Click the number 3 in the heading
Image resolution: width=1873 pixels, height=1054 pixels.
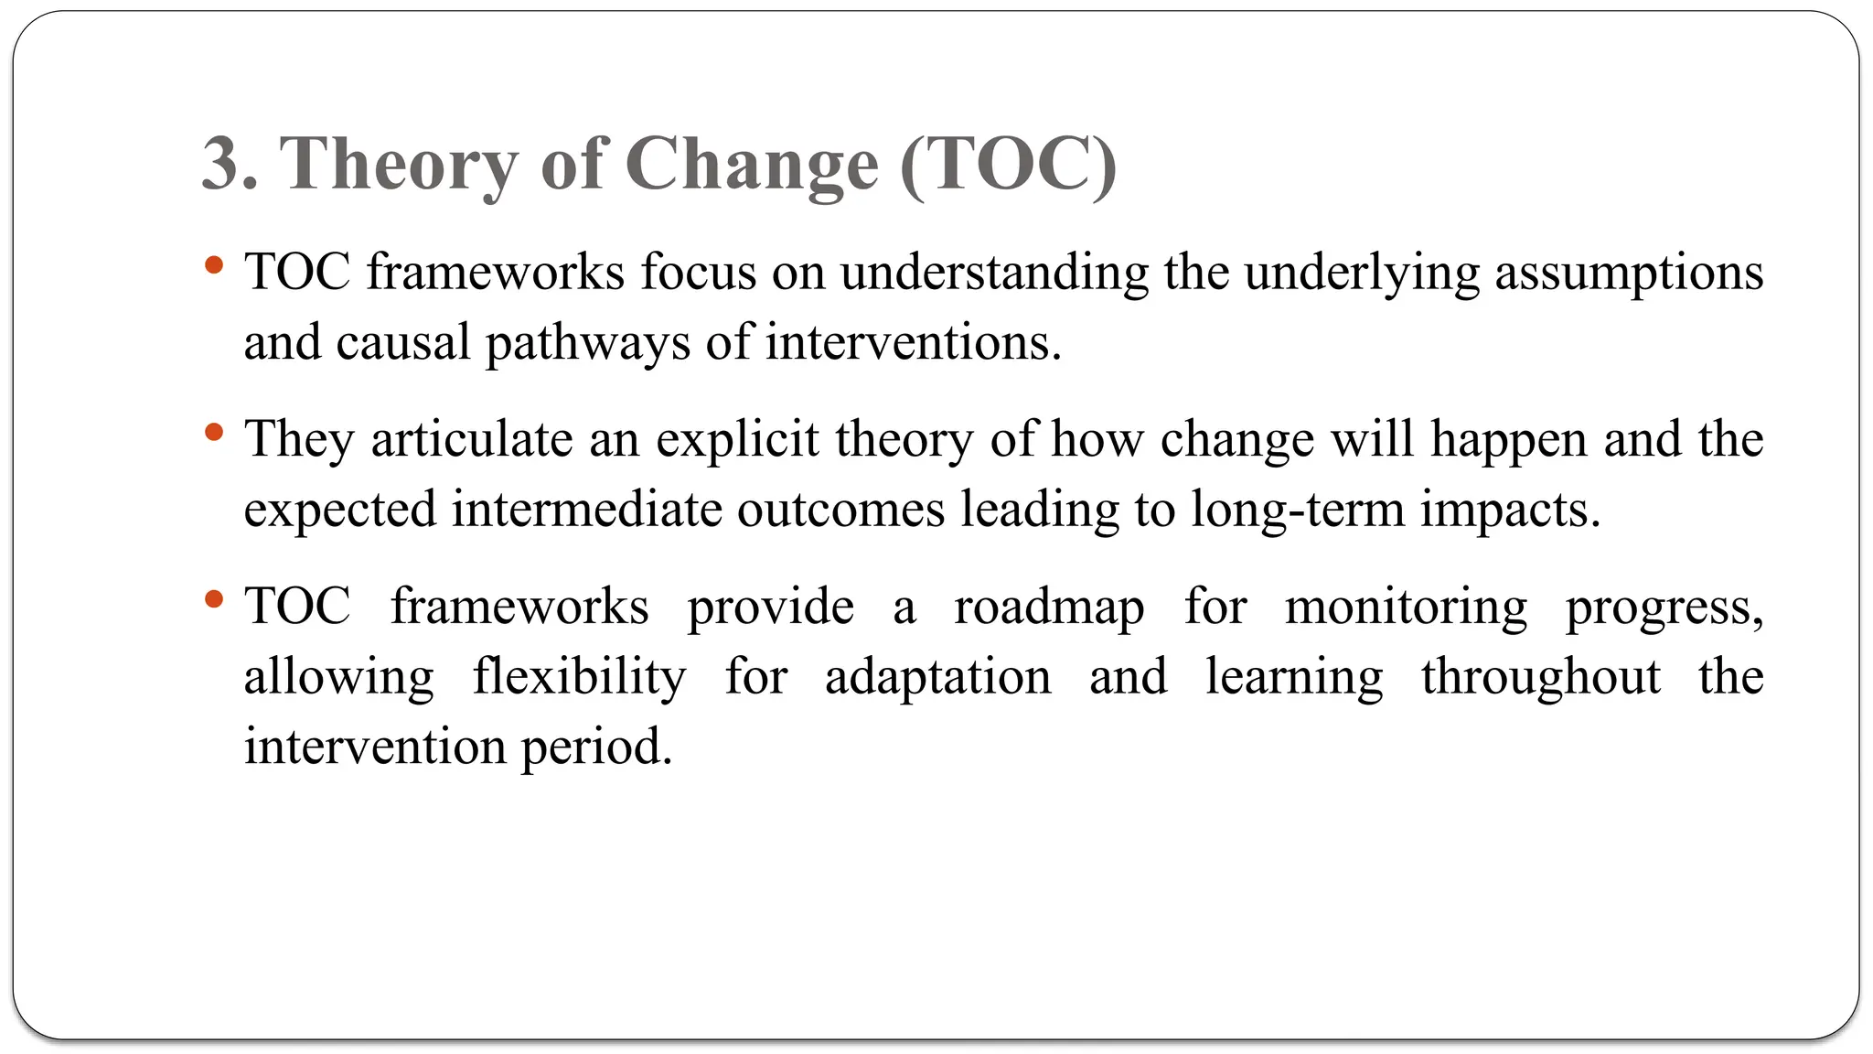(x=220, y=164)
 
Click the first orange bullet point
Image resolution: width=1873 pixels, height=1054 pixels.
(x=215, y=266)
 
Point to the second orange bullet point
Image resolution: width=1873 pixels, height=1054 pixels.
(x=215, y=433)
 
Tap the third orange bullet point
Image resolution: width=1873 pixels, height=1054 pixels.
(x=215, y=600)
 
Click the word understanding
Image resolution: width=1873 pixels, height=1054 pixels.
(x=994, y=274)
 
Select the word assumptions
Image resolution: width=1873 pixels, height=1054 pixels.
(x=1629, y=274)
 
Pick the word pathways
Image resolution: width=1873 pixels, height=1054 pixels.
(x=587, y=344)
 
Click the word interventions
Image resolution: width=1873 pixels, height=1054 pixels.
(x=913, y=344)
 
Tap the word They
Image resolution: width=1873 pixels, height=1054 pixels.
(x=298, y=440)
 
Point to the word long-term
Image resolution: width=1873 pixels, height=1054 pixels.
(x=1297, y=510)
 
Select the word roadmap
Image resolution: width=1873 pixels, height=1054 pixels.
(x=1049, y=608)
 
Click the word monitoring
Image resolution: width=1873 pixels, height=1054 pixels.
(x=1406, y=608)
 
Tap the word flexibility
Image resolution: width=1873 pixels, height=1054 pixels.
(x=579, y=678)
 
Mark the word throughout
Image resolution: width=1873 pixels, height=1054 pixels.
(x=1541, y=678)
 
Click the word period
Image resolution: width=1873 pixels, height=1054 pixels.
(x=596, y=747)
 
